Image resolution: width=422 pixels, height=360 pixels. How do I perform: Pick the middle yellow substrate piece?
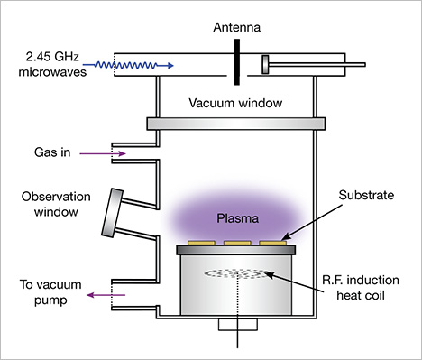click(237, 243)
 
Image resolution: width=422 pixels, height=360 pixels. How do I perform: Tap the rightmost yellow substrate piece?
click(272, 243)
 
